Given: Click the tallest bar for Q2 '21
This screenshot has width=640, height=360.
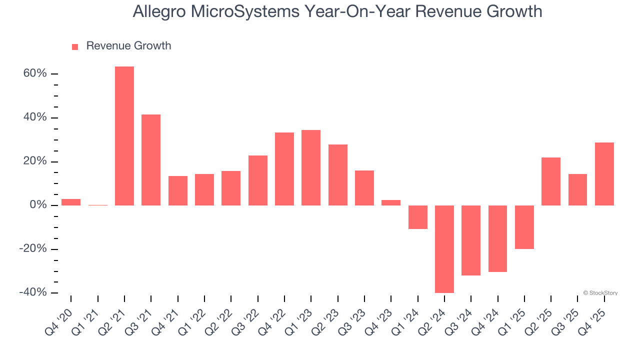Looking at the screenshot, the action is [x=124, y=136].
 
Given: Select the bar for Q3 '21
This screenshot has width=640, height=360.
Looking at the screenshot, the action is [x=151, y=160].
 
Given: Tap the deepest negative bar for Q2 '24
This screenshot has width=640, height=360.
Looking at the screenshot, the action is [x=444, y=249].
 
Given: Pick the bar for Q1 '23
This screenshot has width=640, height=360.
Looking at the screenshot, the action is [x=311, y=167].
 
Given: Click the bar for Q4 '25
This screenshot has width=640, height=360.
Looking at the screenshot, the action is [x=604, y=174].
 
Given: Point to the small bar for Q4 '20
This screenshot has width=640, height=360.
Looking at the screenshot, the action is [x=71, y=202].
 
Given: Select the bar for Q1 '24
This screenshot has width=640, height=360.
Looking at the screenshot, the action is [x=418, y=217].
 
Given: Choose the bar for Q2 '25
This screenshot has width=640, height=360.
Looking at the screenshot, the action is [x=551, y=181].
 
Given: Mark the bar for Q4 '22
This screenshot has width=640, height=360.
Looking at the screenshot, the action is [x=284, y=169].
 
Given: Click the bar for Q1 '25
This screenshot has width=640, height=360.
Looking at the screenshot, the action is [x=524, y=227].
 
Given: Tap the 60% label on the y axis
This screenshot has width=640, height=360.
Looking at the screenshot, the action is [x=35, y=74].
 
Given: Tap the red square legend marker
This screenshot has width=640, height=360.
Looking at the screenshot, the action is [x=75, y=47].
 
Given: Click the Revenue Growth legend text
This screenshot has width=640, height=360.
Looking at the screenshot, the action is [x=128, y=46].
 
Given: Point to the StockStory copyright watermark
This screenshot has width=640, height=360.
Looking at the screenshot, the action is [x=600, y=293].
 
